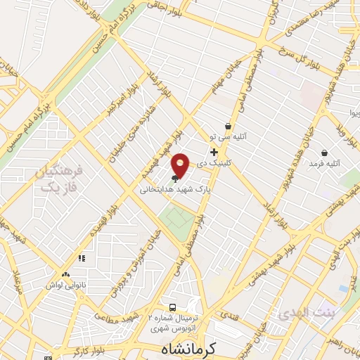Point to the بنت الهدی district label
point(303,311)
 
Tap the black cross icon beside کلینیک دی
point(214,151)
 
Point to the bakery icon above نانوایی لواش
point(65,274)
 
